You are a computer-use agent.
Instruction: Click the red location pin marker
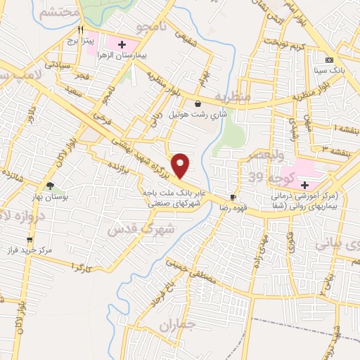click(x=181, y=165)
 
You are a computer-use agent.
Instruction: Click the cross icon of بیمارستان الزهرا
click(x=122, y=45)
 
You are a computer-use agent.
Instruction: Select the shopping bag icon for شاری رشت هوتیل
click(x=198, y=103)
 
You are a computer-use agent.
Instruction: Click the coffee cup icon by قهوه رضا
click(x=233, y=196)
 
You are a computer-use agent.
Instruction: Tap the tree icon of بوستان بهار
click(x=50, y=186)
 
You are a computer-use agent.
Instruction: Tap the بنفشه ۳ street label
click(x=330, y=148)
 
